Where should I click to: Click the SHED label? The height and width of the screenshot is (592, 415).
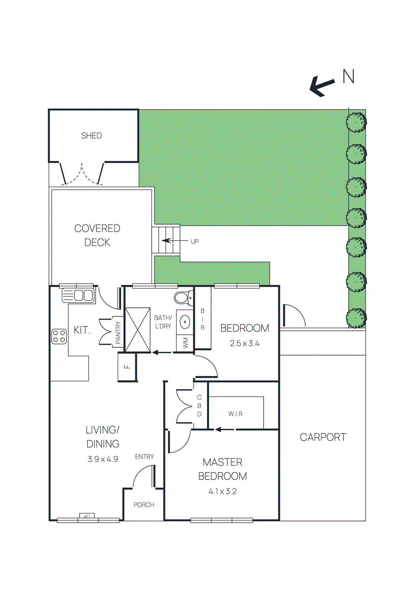pyautogui.click(x=91, y=136)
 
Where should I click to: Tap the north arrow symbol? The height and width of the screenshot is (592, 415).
pyautogui.click(x=322, y=86)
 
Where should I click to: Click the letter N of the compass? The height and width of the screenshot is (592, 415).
pyautogui.click(x=348, y=77)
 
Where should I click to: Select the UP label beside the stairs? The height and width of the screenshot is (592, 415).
pyautogui.click(x=195, y=242)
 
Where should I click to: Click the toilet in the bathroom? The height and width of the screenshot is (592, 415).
pyautogui.click(x=184, y=297)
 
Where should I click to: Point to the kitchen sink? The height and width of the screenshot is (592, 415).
pyautogui.click(x=79, y=295)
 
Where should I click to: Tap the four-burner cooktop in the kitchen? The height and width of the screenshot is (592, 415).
pyautogui.click(x=59, y=336)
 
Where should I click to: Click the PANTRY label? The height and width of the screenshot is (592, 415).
pyautogui.click(x=118, y=332)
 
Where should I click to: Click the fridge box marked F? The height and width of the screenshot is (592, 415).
pyautogui.click(x=127, y=367)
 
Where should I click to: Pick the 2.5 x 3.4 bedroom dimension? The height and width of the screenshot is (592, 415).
pyautogui.click(x=244, y=343)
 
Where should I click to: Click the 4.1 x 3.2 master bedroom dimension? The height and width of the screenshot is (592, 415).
pyautogui.click(x=222, y=491)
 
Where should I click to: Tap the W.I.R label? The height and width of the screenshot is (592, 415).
pyautogui.click(x=235, y=414)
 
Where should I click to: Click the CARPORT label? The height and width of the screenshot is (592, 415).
pyautogui.click(x=323, y=437)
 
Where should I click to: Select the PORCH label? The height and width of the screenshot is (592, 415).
pyautogui.click(x=144, y=505)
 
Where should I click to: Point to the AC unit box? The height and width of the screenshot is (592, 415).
pyautogui.click(x=87, y=516)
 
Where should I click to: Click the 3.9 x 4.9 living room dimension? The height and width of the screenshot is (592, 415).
pyautogui.click(x=103, y=459)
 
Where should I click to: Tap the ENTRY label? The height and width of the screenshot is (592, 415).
pyautogui.click(x=144, y=457)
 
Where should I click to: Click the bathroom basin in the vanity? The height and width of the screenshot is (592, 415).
pyautogui.click(x=185, y=322)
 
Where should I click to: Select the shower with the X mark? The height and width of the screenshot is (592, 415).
pyautogui.click(x=137, y=330)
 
